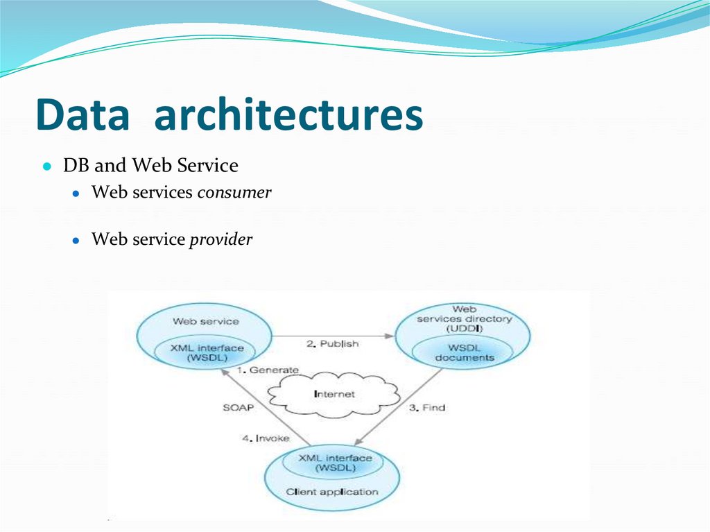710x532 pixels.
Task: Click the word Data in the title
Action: (83, 115)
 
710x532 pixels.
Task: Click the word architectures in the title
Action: (288, 115)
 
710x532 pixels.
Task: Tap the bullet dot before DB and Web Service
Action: (46, 167)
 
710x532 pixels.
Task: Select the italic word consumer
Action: (234, 192)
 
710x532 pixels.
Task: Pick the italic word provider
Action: (221, 240)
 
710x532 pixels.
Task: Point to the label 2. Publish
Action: (333, 343)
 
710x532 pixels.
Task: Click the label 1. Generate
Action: (268, 370)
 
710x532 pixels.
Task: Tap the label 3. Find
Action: (425, 407)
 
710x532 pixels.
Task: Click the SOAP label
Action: (238, 408)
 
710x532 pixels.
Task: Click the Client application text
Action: (332, 492)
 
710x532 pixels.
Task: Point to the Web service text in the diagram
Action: (205, 321)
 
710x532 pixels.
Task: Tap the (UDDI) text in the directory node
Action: (464, 328)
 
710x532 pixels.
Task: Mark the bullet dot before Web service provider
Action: (78, 240)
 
